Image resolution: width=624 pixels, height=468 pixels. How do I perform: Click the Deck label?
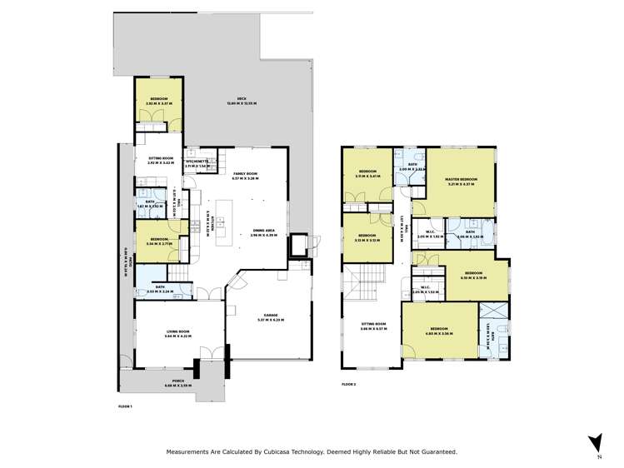(x=242, y=99)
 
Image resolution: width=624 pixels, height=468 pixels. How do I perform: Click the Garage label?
(x=267, y=316)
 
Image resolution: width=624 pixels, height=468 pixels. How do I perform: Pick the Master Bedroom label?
(x=460, y=179)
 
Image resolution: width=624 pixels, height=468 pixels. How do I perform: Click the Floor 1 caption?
(x=126, y=405)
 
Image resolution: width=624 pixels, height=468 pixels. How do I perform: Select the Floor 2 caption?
(x=348, y=383)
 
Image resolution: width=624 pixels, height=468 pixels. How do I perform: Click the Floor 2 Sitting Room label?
(x=373, y=324)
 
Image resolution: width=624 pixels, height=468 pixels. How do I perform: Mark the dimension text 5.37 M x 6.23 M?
(x=267, y=320)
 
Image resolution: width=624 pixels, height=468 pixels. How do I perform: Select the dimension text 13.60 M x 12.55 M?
(x=242, y=104)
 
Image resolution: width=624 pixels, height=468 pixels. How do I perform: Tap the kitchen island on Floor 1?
(x=225, y=222)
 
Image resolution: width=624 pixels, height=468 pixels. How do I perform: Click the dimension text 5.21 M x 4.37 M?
(x=460, y=184)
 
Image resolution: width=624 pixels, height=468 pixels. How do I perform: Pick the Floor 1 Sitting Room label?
(x=160, y=158)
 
